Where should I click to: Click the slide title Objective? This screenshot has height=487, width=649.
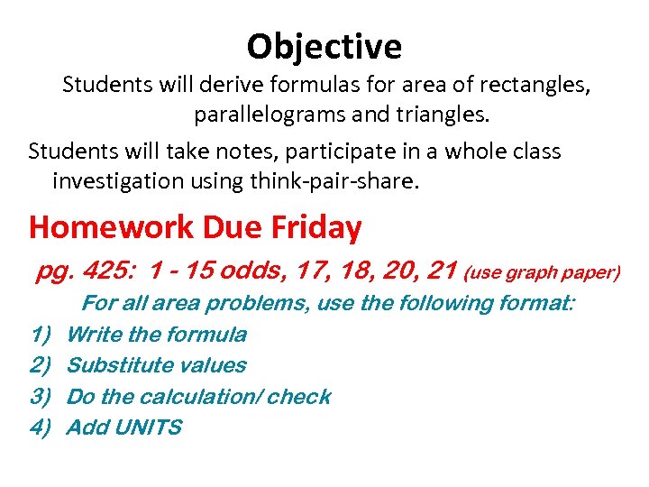(x=324, y=45)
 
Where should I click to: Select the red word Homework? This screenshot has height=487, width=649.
(x=112, y=227)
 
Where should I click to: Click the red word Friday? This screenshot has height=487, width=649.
(x=318, y=227)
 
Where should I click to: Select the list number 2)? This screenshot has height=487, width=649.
(x=40, y=365)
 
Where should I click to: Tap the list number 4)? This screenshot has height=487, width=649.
(x=40, y=427)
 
